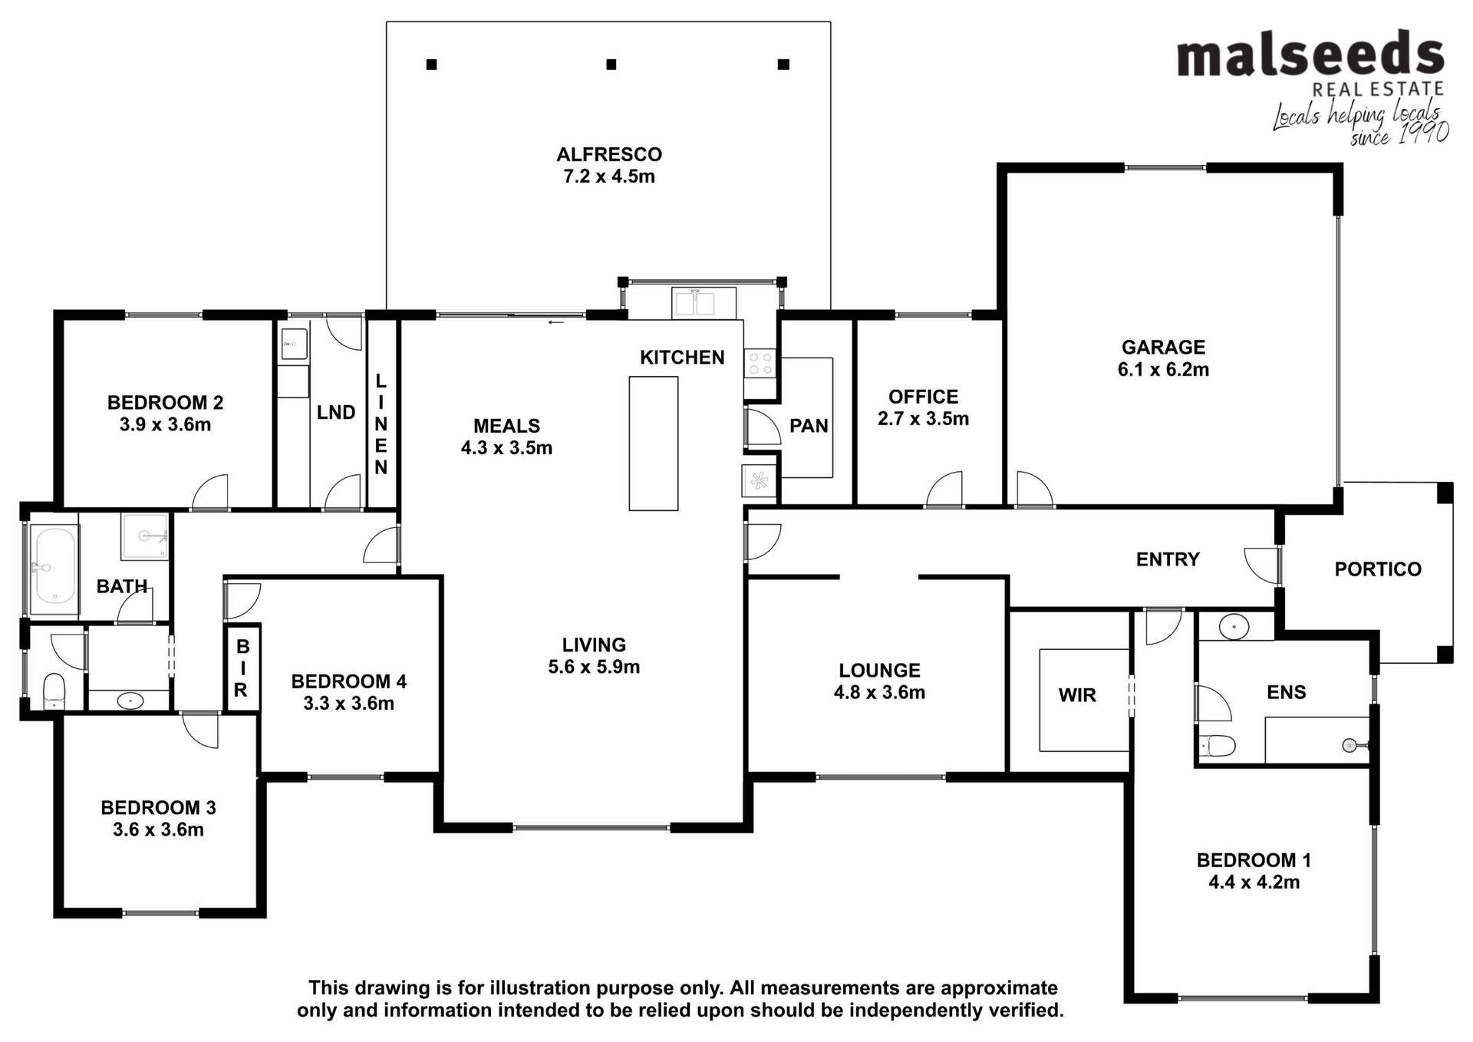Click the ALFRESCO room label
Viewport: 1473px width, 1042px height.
pyautogui.click(x=609, y=154)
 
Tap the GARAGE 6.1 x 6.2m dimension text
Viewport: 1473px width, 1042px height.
pyautogui.click(x=1163, y=370)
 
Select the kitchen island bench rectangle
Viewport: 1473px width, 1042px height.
pyautogui.click(x=654, y=444)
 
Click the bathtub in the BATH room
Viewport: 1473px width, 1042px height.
pyautogui.click(x=54, y=564)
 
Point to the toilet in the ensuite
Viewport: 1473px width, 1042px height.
pyautogui.click(x=1217, y=745)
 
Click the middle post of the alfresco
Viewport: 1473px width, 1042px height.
pyautogui.click(x=611, y=64)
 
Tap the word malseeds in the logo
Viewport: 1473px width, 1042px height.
pyautogui.click(x=1310, y=55)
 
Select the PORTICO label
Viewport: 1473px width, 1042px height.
pyautogui.click(x=1378, y=569)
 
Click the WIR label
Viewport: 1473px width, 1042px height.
pyautogui.click(x=1077, y=695)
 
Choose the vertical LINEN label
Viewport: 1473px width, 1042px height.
pyautogui.click(x=381, y=424)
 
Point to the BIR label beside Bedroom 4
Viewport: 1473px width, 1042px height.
pyautogui.click(x=242, y=668)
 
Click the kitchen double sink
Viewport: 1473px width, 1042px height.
pyautogui.click(x=704, y=302)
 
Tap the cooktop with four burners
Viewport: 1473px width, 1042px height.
pyautogui.click(x=760, y=363)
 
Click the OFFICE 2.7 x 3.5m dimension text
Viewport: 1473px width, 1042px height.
pyautogui.click(x=923, y=419)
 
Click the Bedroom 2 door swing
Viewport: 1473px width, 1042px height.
pyautogui.click(x=209, y=492)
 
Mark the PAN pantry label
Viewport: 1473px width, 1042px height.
pyautogui.click(x=809, y=426)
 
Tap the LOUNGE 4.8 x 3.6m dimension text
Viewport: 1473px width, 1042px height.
pyautogui.click(x=879, y=693)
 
